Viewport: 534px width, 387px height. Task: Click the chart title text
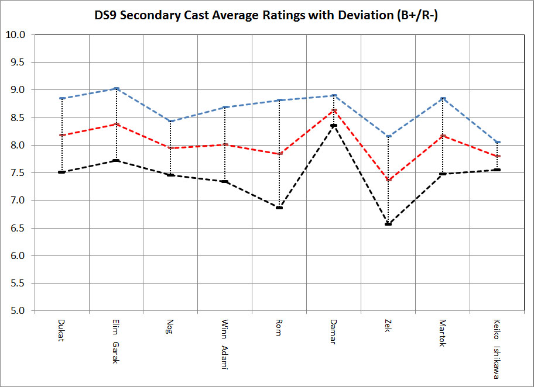pos(266,16)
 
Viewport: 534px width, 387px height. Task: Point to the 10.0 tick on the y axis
pos(19,35)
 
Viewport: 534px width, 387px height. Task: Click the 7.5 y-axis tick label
pos(19,173)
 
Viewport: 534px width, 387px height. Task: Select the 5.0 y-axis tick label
pos(19,311)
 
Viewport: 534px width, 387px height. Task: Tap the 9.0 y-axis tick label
pos(19,90)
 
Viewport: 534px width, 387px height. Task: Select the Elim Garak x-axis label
pos(116,341)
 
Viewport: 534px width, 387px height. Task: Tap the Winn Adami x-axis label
pos(225,344)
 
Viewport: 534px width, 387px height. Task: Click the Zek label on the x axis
pos(388,326)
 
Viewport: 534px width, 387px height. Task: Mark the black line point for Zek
pos(388,224)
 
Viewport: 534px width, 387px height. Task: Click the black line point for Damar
pos(334,125)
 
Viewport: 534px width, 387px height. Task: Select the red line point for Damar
pos(334,110)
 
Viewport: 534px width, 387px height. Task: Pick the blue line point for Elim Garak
pos(116,88)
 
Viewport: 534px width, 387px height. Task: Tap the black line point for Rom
pos(279,208)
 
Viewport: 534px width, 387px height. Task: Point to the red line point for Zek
pos(388,179)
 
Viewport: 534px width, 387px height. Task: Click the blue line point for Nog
pos(170,121)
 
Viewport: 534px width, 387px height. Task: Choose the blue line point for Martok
pos(443,98)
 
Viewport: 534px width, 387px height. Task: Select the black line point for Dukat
pos(61,172)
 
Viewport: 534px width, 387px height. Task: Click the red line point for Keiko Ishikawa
pos(497,156)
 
